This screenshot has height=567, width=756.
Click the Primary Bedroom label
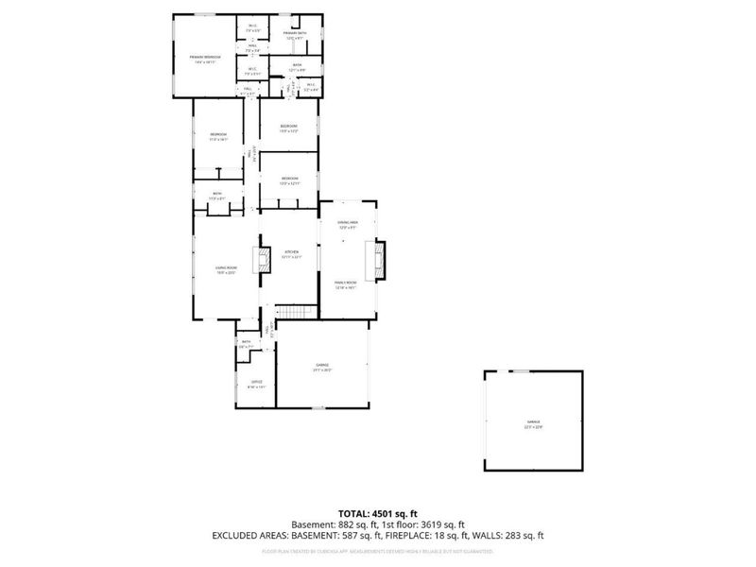tap(204, 58)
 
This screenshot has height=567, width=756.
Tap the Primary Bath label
tap(296, 34)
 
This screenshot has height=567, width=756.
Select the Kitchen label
tap(292, 252)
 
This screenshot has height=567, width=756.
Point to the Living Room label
tap(225, 269)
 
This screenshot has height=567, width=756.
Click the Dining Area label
tap(348, 223)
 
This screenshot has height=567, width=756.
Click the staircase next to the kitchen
tap(294, 315)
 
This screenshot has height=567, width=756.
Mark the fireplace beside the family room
tap(378, 260)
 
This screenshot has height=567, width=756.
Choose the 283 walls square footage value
tap(522, 536)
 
